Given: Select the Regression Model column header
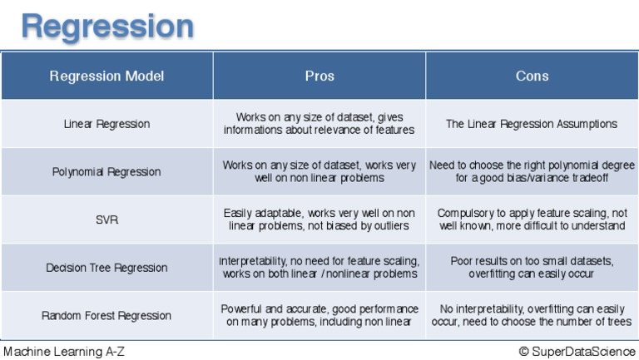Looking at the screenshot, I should [x=106, y=76].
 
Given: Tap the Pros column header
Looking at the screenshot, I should [x=319, y=76].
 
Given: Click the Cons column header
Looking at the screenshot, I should [x=532, y=76].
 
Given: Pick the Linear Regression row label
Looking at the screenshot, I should [x=106, y=124].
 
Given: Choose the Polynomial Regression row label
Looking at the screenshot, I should [x=106, y=172].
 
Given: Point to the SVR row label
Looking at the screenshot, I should [x=106, y=220].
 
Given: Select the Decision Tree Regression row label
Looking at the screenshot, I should [x=106, y=268].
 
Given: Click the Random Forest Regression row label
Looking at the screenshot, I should [x=106, y=316].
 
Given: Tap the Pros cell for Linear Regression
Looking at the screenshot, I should [x=319, y=124].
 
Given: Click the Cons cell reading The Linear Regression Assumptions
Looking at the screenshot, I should [x=532, y=124].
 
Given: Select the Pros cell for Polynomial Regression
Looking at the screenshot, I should [x=319, y=171].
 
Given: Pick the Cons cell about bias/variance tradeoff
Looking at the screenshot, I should [x=532, y=171].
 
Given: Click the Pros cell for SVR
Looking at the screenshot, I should [x=319, y=219].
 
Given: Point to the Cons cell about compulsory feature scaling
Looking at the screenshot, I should [x=532, y=219].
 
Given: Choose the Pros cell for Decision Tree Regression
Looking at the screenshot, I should [x=319, y=268].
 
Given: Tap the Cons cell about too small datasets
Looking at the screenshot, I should [x=532, y=268].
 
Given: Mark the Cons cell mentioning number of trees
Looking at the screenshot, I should [x=532, y=315].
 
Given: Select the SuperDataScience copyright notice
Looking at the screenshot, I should [x=577, y=352].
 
